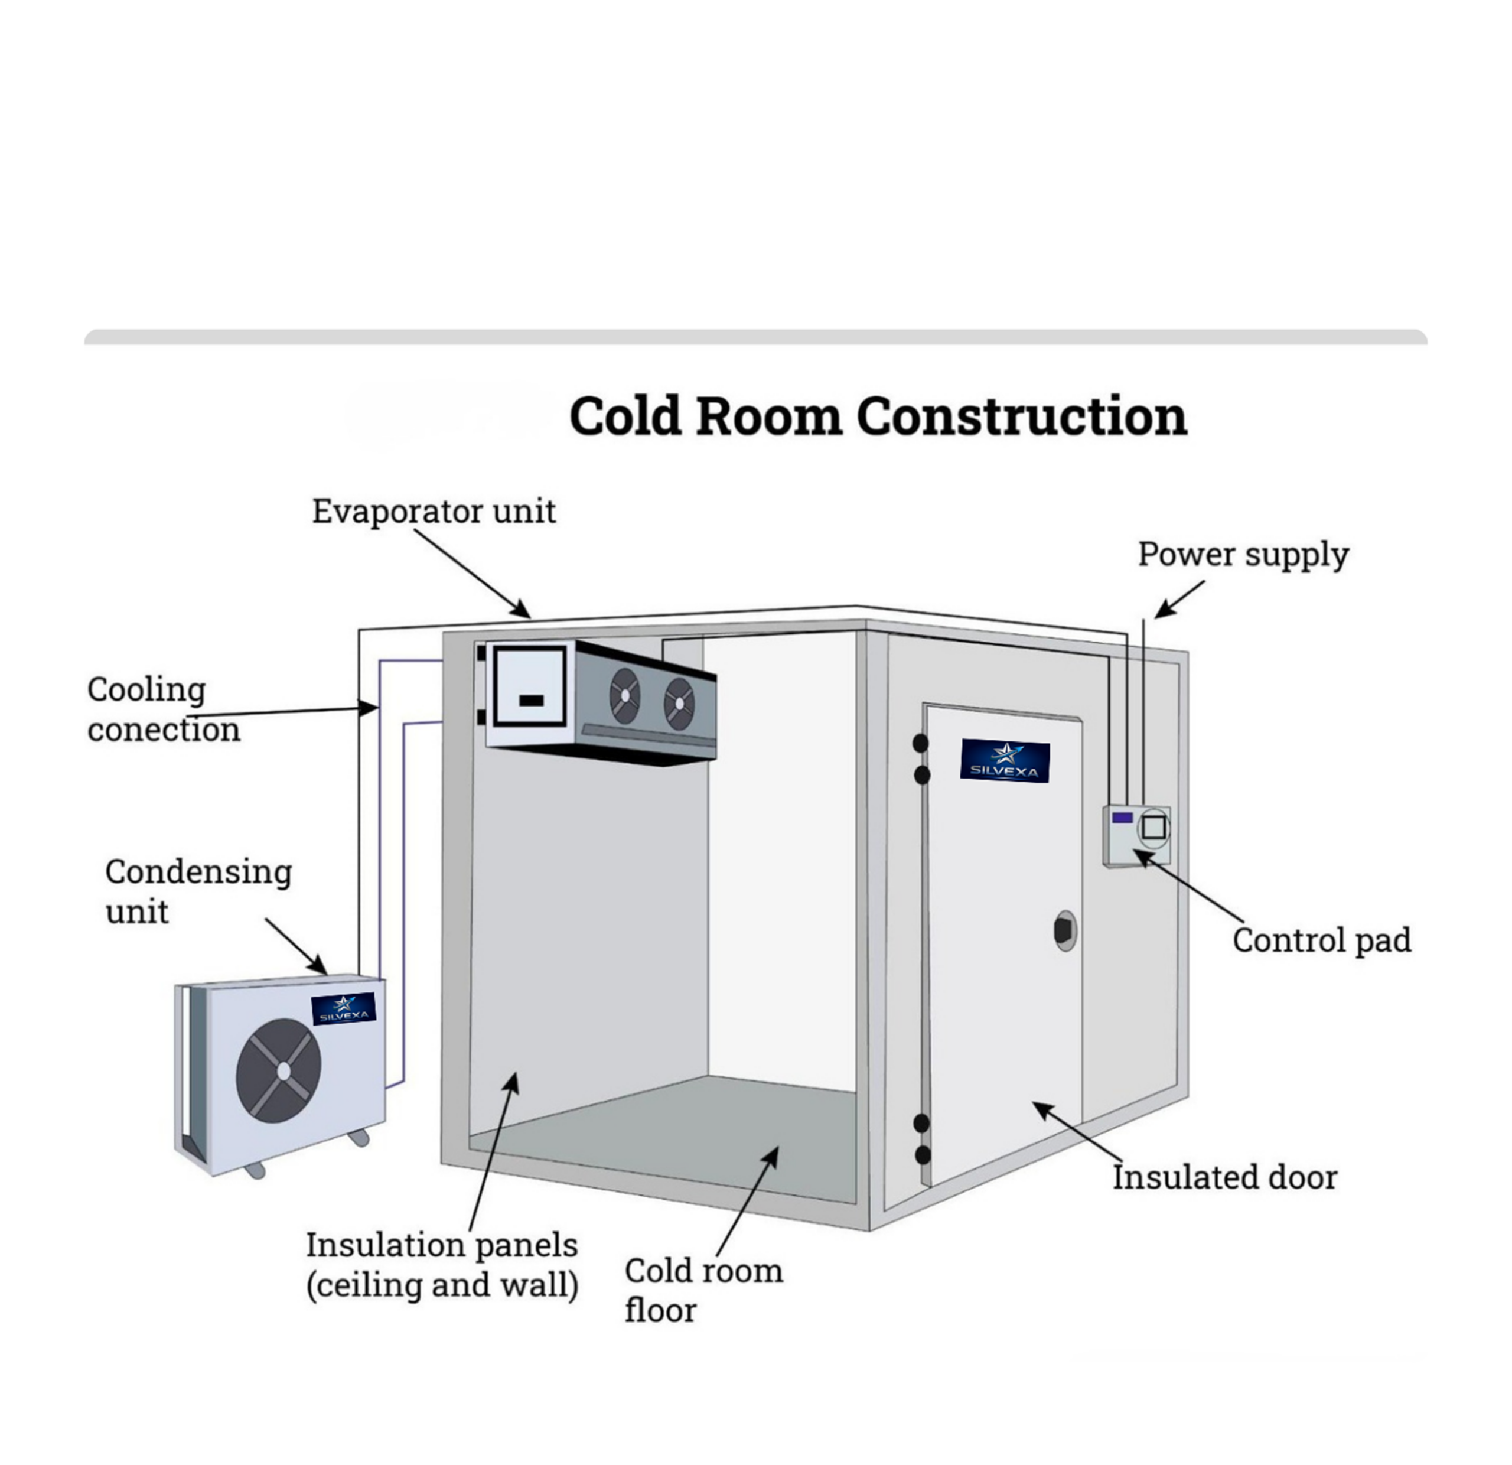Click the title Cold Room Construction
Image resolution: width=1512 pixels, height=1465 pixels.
pos(877,416)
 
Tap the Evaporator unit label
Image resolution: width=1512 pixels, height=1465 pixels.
pos(434,512)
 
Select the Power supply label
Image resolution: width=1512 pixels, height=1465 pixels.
pos(1243,555)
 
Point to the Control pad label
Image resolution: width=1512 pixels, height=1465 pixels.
pos(1321,940)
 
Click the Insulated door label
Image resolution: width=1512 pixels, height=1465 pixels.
pos(1224,1177)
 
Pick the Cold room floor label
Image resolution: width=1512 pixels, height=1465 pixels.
pos(703,1291)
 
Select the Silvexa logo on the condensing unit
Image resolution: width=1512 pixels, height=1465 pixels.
pos(343,1008)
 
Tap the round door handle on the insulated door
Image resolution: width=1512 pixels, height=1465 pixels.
pos(1065,931)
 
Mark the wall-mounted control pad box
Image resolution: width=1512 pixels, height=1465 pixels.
pos(1136,835)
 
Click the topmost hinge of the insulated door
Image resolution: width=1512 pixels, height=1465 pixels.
pos(920,743)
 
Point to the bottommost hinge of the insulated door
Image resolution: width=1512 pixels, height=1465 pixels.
pos(922,1155)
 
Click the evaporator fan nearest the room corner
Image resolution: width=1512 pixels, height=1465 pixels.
pos(679,704)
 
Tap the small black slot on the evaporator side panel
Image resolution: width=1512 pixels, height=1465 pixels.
pos(532,701)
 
